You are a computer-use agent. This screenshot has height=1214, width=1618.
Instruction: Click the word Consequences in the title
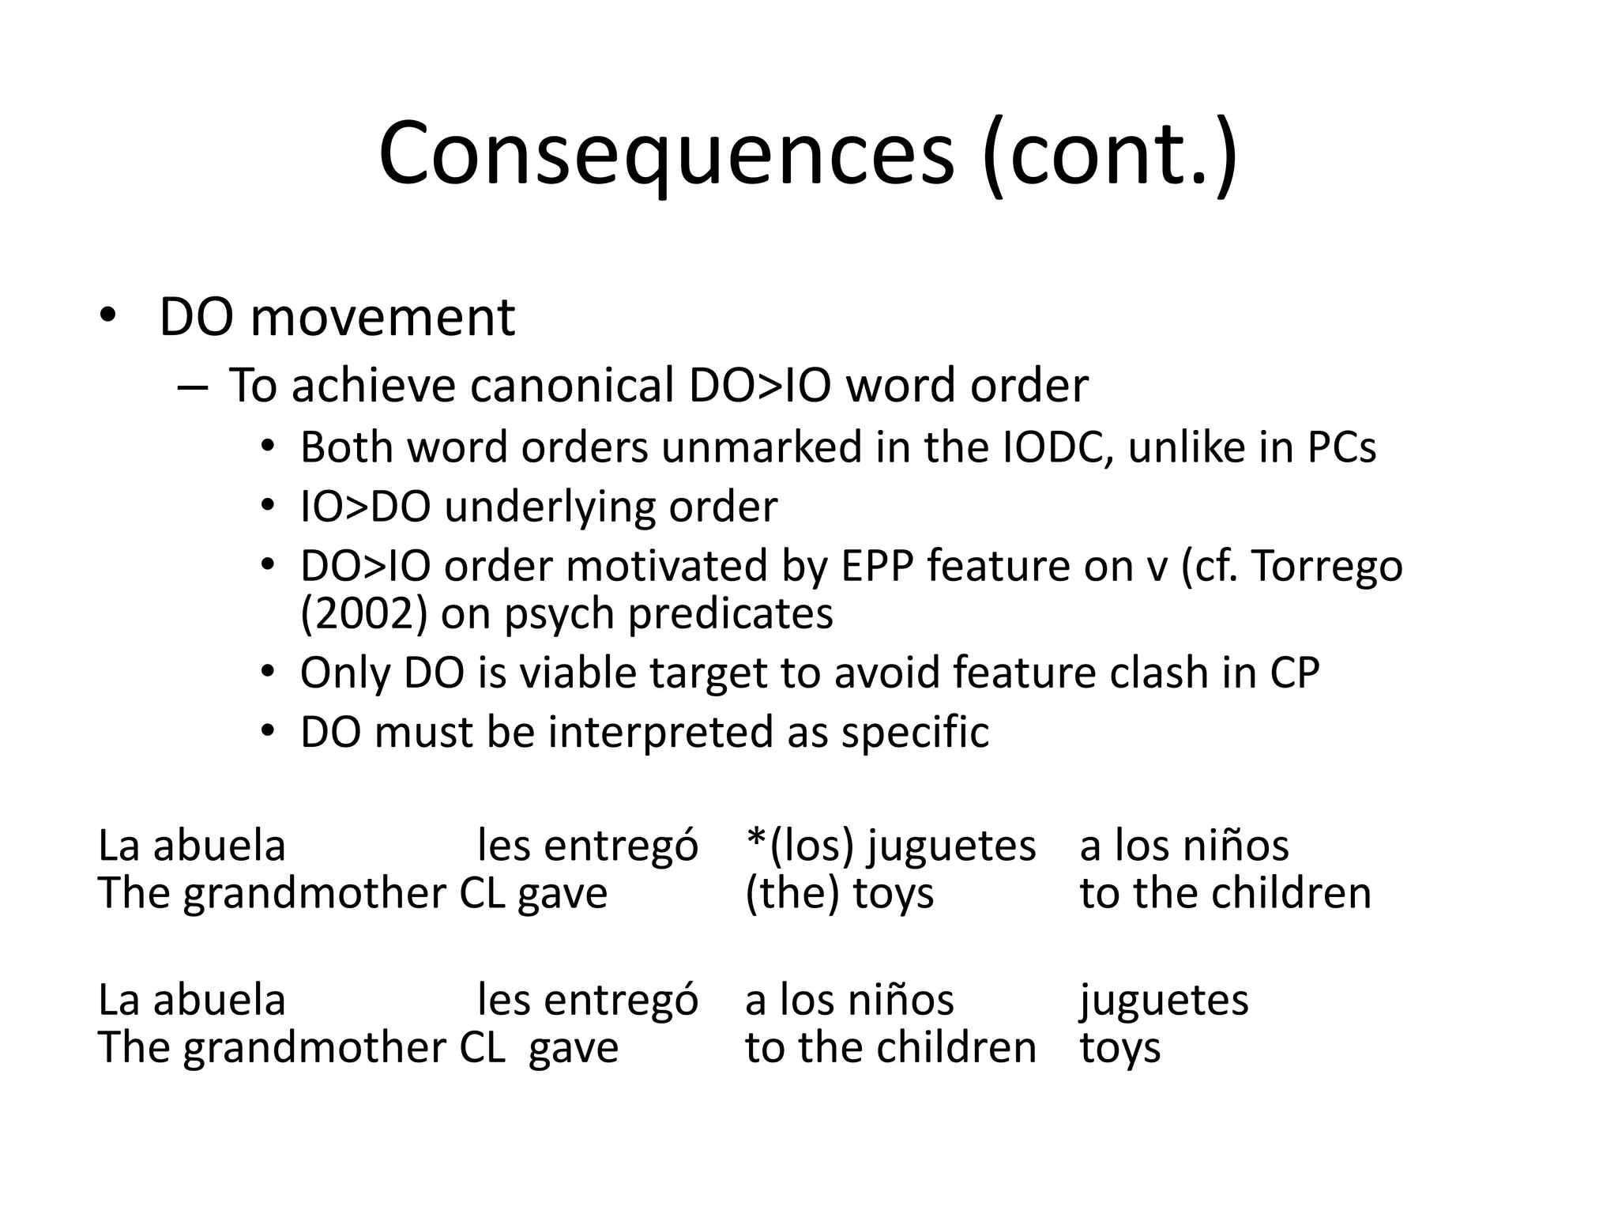click(x=666, y=154)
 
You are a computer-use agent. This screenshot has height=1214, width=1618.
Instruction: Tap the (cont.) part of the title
click(x=1110, y=154)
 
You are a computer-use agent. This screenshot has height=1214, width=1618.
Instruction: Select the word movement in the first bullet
click(x=382, y=318)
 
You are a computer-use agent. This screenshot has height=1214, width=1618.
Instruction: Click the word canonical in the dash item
click(x=571, y=386)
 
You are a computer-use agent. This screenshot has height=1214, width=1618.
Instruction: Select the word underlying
click(x=550, y=507)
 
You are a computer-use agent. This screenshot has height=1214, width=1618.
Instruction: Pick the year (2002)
click(x=364, y=614)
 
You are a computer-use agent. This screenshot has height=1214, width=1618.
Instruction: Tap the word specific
click(x=915, y=733)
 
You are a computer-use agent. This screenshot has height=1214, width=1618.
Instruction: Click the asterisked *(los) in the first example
click(x=800, y=846)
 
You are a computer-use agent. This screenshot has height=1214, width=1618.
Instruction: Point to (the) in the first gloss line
click(x=792, y=894)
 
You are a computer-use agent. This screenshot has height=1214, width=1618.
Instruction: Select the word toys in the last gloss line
click(x=1119, y=1049)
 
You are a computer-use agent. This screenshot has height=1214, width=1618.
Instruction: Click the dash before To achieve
click(x=193, y=387)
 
